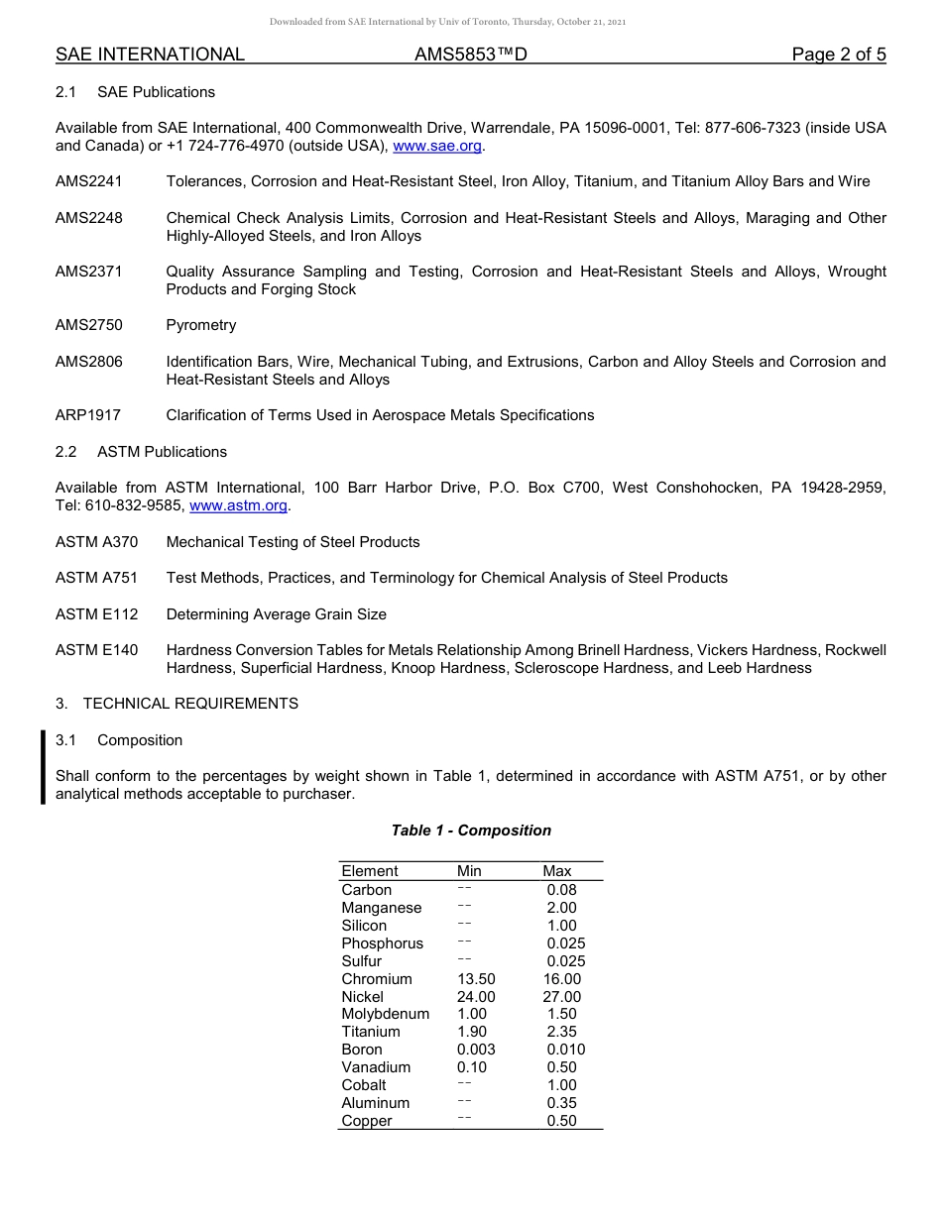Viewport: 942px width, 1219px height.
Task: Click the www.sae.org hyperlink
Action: (x=437, y=146)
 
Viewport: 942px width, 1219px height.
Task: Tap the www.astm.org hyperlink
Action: (x=238, y=505)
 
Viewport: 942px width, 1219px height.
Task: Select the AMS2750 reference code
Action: (x=89, y=325)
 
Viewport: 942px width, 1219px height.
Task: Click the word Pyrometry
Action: (x=201, y=325)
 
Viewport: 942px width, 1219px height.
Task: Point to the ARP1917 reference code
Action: (x=88, y=415)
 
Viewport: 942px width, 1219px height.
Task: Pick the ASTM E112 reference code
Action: (x=97, y=614)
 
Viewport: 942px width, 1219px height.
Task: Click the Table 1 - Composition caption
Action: (x=471, y=831)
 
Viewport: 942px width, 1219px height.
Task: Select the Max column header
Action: (x=557, y=871)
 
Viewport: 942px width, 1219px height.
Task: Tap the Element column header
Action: (x=370, y=871)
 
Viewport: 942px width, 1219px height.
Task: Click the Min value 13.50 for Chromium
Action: (x=476, y=979)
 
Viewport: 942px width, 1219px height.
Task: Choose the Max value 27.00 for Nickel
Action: (x=562, y=997)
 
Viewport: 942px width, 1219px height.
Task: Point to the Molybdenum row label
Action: (x=386, y=1014)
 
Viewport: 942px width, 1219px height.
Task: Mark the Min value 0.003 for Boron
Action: (x=476, y=1050)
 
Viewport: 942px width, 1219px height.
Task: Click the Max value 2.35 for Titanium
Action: (x=561, y=1032)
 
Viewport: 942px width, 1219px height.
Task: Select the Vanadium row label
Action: (x=376, y=1067)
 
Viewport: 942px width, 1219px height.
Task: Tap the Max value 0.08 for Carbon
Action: (x=561, y=890)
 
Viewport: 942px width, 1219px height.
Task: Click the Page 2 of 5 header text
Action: (x=839, y=55)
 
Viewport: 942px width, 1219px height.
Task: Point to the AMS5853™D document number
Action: (x=470, y=55)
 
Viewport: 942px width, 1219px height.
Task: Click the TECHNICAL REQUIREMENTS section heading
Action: (x=190, y=704)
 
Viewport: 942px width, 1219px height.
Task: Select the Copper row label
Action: (x=367, y=1121)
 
